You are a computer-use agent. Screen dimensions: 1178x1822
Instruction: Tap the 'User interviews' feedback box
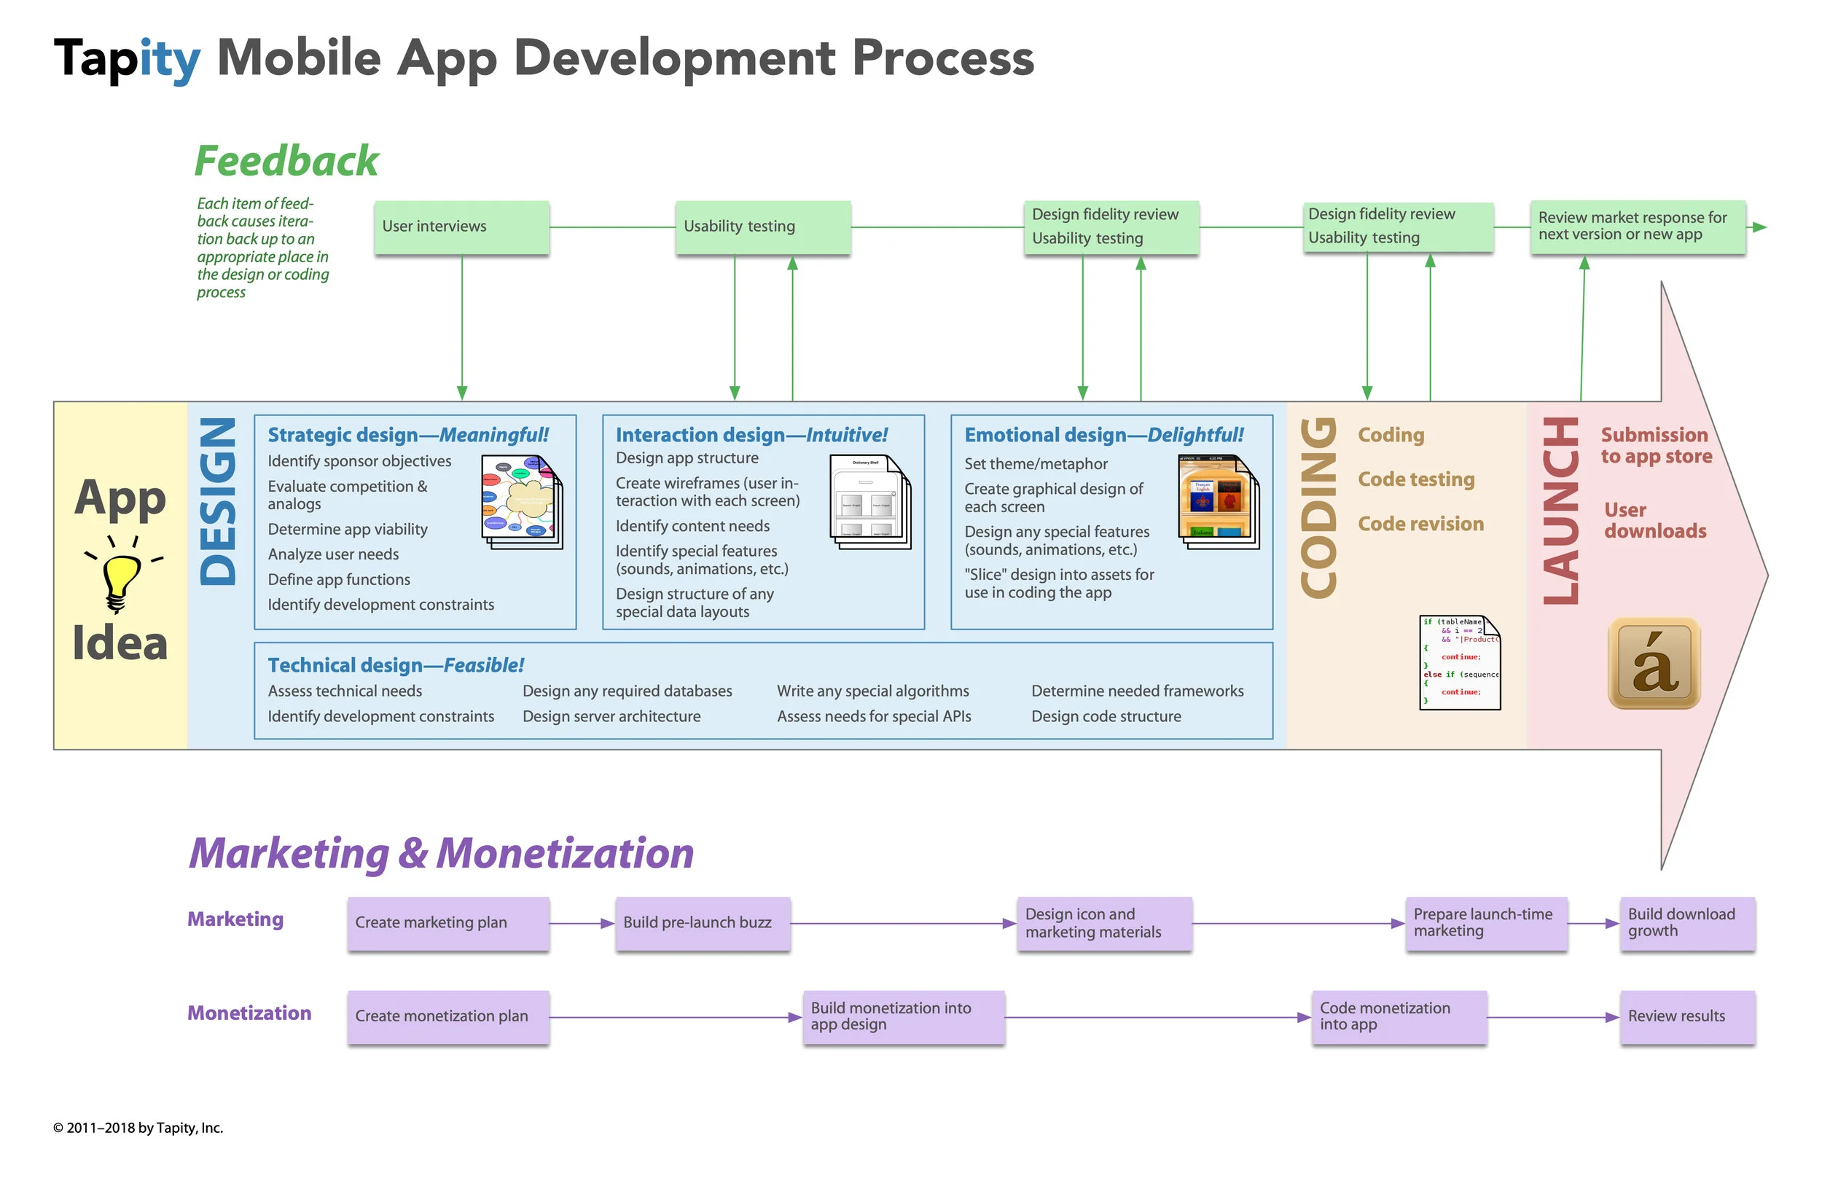[x=461, y=227]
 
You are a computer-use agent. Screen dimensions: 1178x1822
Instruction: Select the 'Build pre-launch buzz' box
[x=701, y=922]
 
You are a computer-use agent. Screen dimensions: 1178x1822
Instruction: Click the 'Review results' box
[x=1686, y=1016]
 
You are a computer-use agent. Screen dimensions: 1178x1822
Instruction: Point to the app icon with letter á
[x=1653, y=663]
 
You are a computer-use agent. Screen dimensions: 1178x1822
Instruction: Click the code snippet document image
[x=1458, y=661]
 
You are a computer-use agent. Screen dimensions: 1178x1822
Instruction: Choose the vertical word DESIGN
[x=217, y=501]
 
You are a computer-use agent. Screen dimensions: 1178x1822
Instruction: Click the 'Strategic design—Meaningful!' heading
[x=407, y=434]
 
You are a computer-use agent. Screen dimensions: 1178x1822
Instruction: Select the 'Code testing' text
[x=1415, y=479]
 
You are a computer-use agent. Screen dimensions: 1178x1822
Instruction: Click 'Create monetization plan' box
[x=447, y=1016]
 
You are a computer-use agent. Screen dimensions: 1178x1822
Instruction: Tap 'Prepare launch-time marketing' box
[x=1485, y=922]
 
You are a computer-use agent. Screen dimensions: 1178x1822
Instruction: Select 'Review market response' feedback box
[x=1636, y=227]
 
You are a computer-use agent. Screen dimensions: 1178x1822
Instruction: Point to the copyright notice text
[x=138, y=1127]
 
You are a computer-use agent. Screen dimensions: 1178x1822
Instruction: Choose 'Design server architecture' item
[x=611, y=716]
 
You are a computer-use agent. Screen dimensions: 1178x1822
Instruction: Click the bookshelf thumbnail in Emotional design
[x=1218, y=501]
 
